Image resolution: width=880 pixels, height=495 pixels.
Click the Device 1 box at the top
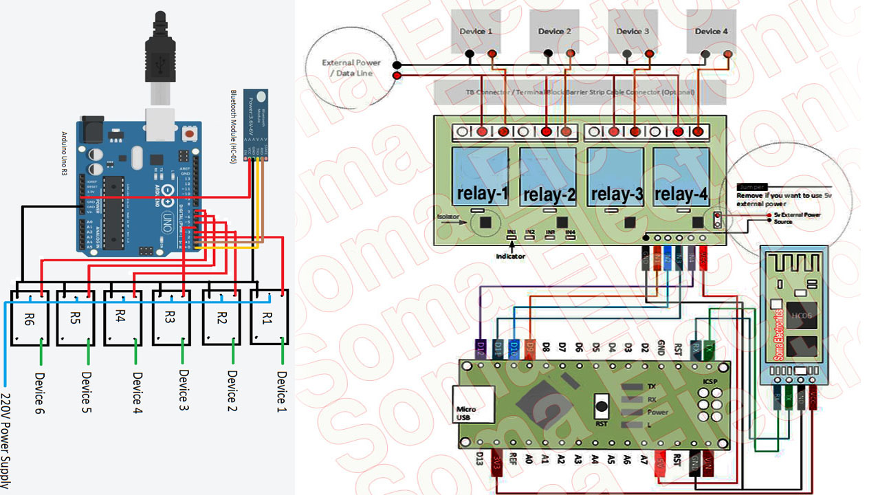pos(476,31)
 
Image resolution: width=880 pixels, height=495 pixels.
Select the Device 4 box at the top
pos(712,31)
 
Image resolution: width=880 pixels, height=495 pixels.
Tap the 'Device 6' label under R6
pos(39,393)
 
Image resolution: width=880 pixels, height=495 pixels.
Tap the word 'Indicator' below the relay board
pos(511,256)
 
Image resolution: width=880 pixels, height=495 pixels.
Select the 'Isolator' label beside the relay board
pos(447,217)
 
